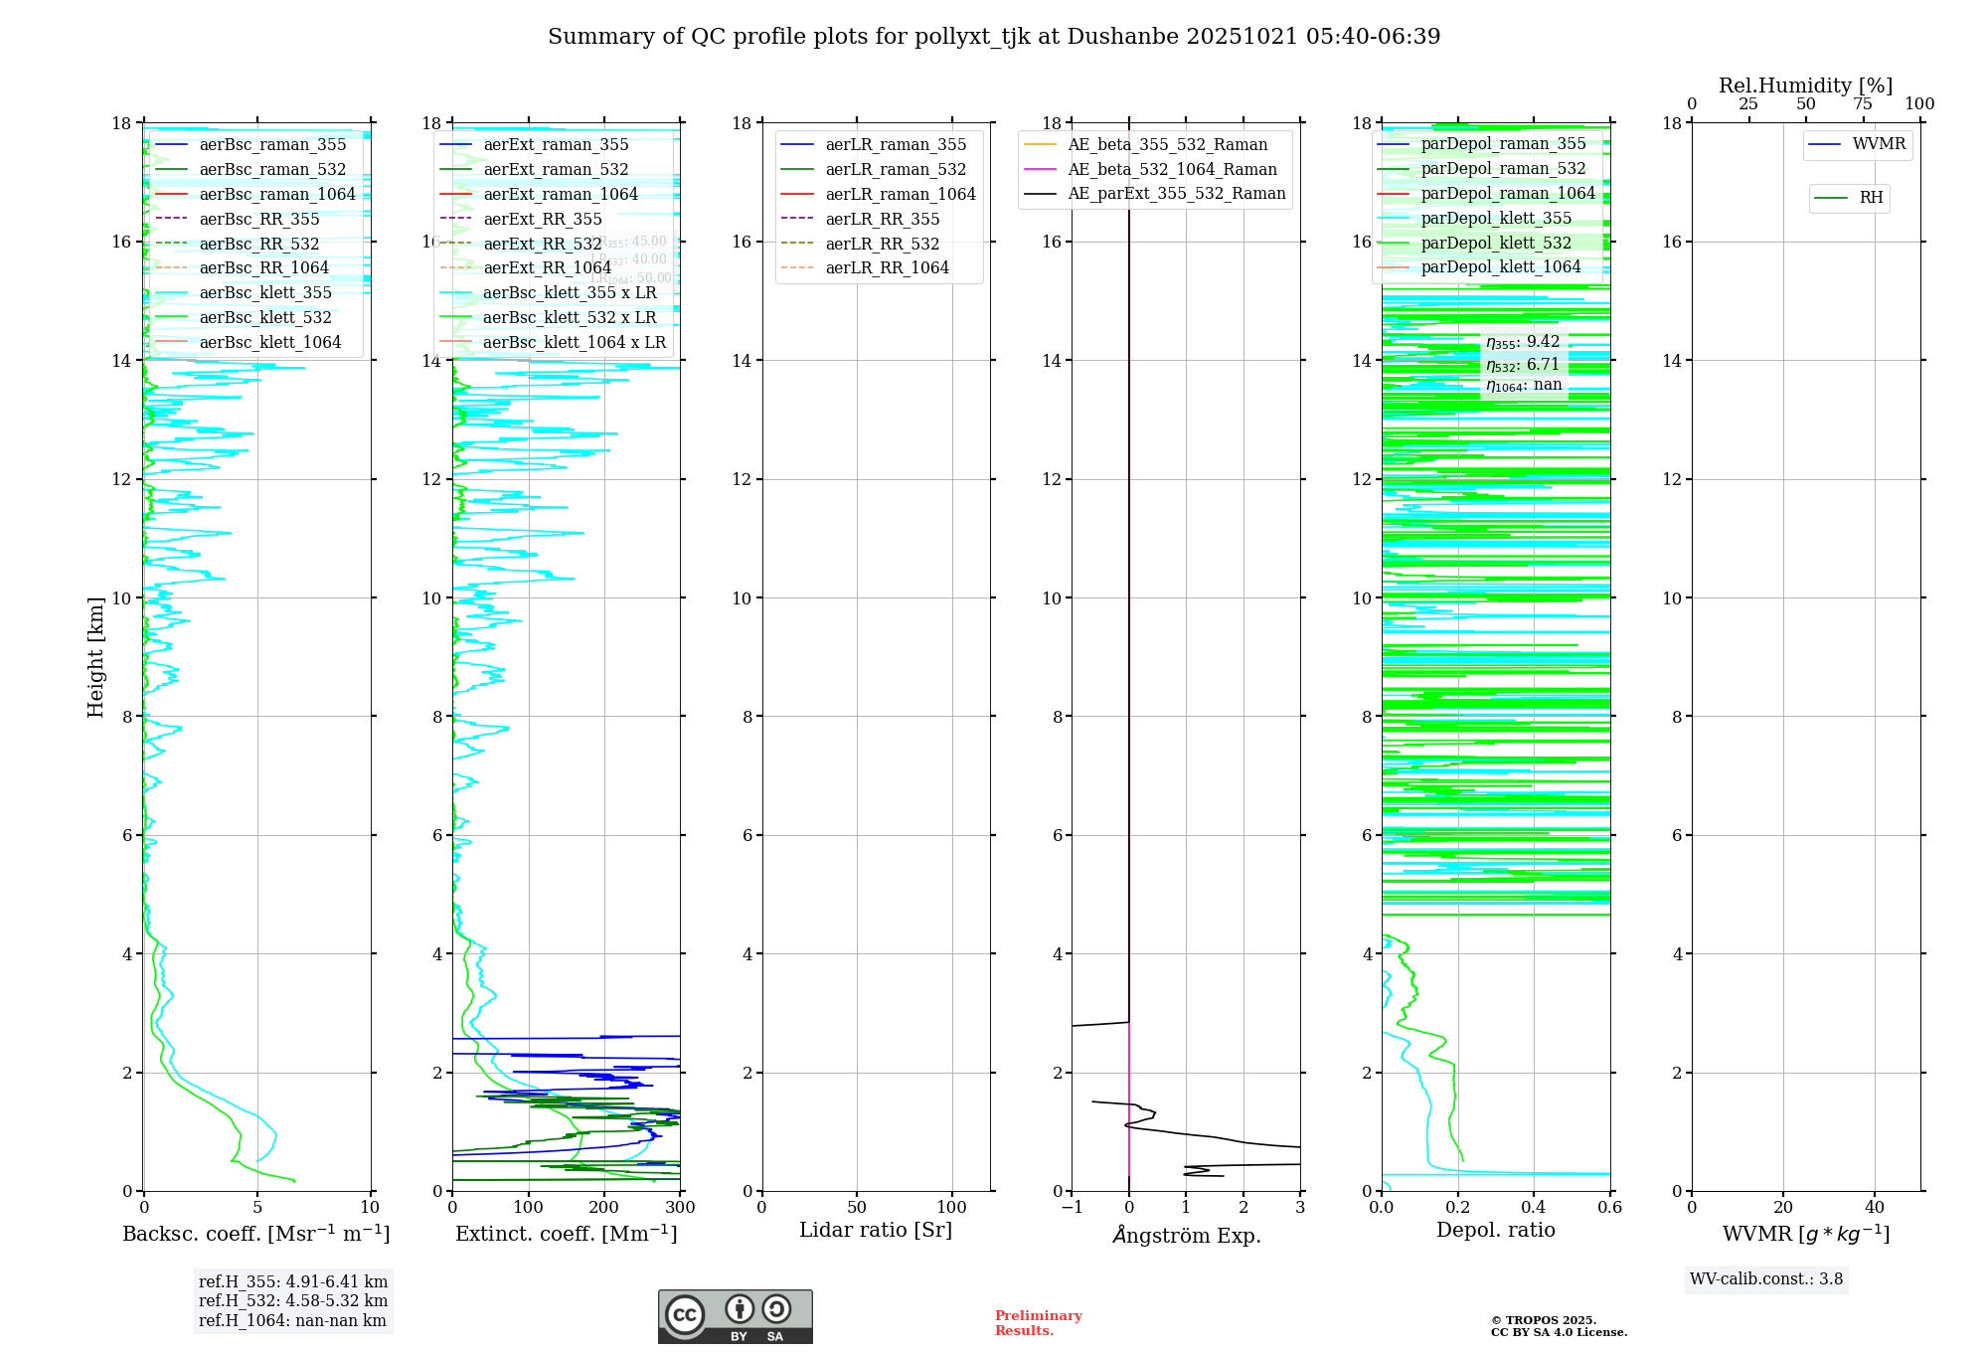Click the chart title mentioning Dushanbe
pos(994,37)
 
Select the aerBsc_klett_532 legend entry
pos(265,318)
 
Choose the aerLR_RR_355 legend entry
pos(882,219)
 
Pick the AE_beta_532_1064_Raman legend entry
pos(1172,170)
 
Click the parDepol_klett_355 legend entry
pos(1496,219)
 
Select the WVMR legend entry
pos(1879,144)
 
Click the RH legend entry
pos(1871,198)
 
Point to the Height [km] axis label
pos(95,657)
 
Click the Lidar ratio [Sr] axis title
pos(876,1230)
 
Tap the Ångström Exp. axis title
pos(1186,1236)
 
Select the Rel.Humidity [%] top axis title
pos(1805,86)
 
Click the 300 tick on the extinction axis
pos(680,1208)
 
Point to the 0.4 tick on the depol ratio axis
pos(1534,1208)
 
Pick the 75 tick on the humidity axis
pos(1863,104)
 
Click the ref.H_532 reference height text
pos(293,1301)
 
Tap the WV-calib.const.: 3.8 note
pos(1766,1279)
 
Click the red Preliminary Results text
pos(1038,1323)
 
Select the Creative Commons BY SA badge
pos(735,1316)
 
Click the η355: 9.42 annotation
pos(1523,343)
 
